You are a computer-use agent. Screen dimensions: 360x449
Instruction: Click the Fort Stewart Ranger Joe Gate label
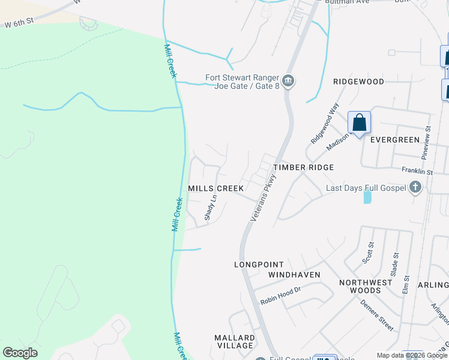click(x=243, y=81)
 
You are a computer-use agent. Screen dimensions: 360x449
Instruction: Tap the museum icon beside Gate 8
click(x=288, y=81)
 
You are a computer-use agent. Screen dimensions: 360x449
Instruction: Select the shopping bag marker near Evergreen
click(x=360, y=123)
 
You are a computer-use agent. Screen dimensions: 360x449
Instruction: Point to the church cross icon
click(x=415, y=188)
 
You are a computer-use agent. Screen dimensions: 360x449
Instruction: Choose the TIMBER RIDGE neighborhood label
click(x=303, y=167)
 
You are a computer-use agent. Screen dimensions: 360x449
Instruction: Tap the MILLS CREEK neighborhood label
click(x=216, y=188)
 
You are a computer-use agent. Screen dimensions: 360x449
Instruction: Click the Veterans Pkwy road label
click(x=262, y=199)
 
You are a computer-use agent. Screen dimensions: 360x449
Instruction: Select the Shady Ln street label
click(x=210, y=208)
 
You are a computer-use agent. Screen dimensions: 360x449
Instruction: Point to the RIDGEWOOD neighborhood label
click(x=358, y=81)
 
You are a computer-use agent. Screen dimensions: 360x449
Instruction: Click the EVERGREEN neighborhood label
click(x=394, y=140)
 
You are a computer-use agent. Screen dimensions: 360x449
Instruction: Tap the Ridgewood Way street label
click(x=325, y=122)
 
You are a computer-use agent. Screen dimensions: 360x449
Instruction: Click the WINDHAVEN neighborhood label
click(x=294, y=275)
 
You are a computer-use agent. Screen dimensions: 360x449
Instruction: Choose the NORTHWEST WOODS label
click(x=360, y=286)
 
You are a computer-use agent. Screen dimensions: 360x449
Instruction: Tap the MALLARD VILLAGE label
click(x=234, y=342)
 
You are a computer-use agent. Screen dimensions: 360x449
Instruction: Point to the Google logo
click(x=20, y=353)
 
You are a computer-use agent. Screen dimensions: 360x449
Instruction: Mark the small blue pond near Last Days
click(x=367, y=197)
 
